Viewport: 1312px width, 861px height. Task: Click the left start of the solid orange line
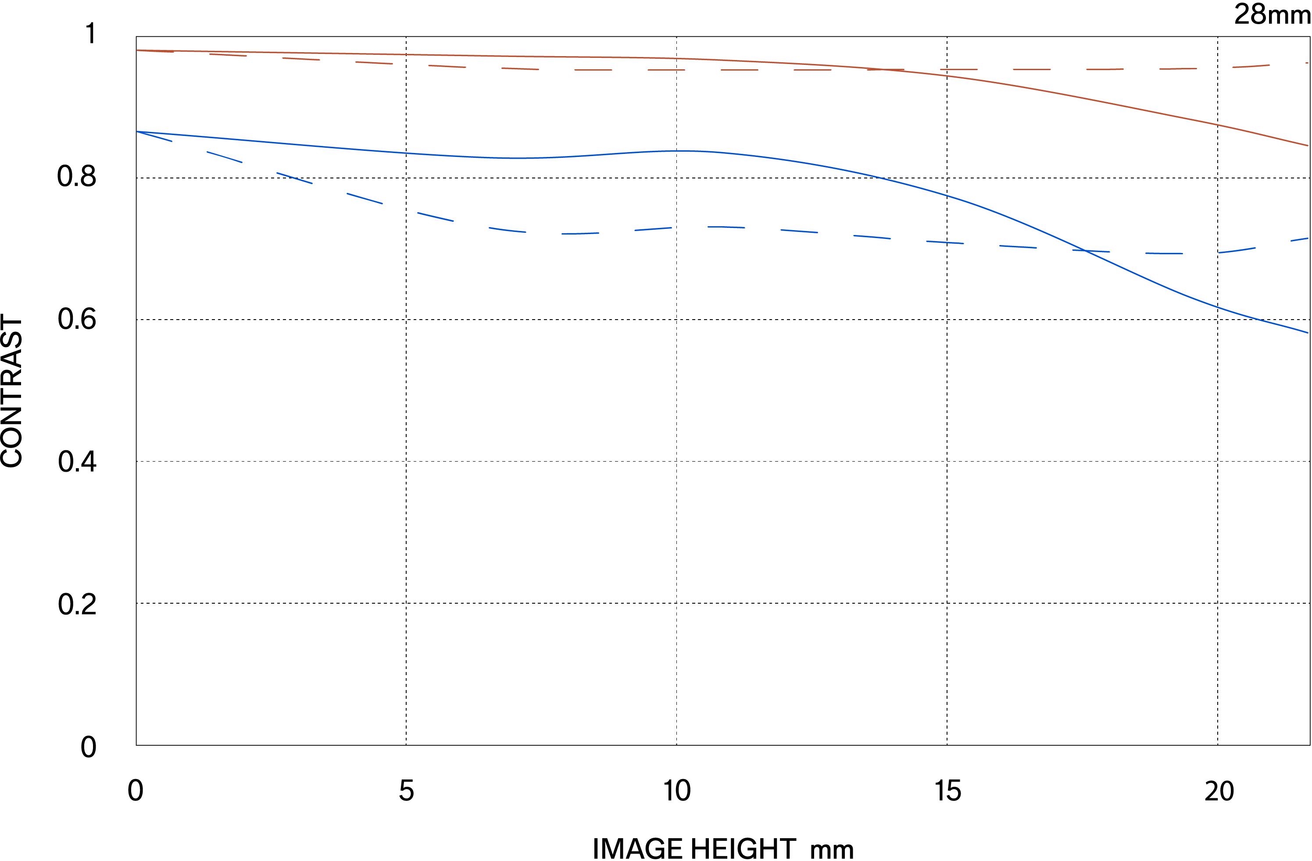[x=137, y=50]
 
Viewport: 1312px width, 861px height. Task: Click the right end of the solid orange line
[x=1308, y=146]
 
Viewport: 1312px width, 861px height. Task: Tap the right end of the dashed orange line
[x=1307, y=64]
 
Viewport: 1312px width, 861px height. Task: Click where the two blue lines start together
[x=137, y=132]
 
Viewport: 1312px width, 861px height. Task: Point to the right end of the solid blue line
[x=1308, y=333]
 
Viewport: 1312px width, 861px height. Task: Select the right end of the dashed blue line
[x=1308, y=238]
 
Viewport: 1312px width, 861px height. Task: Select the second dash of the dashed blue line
[x=224, y=157]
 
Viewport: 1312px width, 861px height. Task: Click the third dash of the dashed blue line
[x=294, y=178]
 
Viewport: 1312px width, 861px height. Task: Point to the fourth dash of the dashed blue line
[x=365, y=198]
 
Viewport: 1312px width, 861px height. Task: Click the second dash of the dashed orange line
[x=228, y=55]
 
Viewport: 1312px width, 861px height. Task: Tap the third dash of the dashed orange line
[x=301, y=59]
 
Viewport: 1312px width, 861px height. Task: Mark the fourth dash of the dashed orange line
[x=374, y=63]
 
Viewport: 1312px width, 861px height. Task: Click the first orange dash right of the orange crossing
[x=958, y=69]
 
